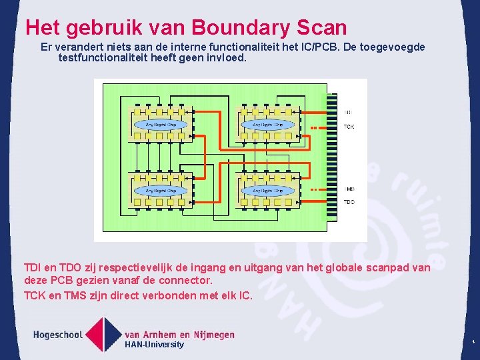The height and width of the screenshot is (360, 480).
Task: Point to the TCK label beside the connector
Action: tap(349, 127)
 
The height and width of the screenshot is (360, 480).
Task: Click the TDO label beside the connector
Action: tap(349, 201)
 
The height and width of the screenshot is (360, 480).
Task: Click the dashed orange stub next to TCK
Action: tap(314, 127)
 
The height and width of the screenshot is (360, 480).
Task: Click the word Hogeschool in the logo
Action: tap(58, 335)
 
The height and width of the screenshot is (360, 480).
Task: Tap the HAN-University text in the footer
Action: tap(154, 345)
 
